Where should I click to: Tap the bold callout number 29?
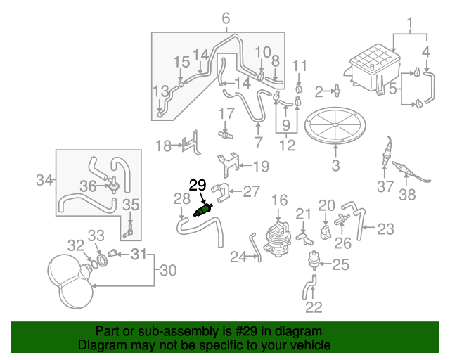pyautogui.click(x=198, y=186)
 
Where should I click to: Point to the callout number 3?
pyautogui.click(x=335, y=166)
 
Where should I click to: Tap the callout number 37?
pyautogui.click(x=385, y=187)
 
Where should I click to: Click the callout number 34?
pyautogui.click(x=44, y=181)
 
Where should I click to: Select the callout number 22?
pyautogui.click(x=314, y=307)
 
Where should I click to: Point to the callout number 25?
pyautogui.click(x=340, y=264)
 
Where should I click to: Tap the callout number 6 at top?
pyautogui.click(x=226, y=18)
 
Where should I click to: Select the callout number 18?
pyautogui.click(x=163, y=146)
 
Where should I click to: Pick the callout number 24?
pyautogui.click(x=239, y=257)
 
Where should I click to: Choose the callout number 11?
pyautogui.click(x=300, y=66)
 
